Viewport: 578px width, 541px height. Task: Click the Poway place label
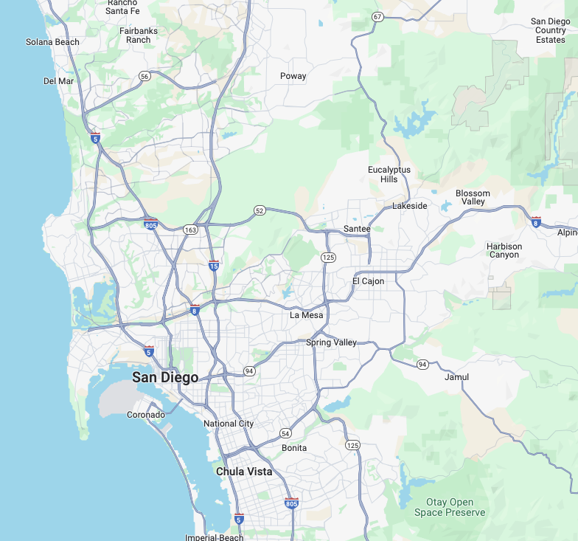pos(293,76)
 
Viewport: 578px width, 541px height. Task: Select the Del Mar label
pos(58,81)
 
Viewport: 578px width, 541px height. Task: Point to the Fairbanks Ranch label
pos(138,35)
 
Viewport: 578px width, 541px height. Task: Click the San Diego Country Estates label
pos(550,30)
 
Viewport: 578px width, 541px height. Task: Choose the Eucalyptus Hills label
pos(389,174)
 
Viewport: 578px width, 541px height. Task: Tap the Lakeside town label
pos(409,206)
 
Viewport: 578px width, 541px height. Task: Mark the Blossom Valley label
pos(473,198)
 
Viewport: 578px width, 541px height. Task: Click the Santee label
pos(357,229)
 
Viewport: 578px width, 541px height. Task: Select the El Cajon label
pos(368,281)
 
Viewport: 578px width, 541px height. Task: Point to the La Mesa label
pos(306,315)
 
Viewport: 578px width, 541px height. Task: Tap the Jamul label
pos(457,377)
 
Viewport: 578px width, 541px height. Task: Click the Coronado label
pos(146,415)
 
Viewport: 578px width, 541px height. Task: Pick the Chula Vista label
pos(244,472)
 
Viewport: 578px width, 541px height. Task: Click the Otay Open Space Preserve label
pos(450,508)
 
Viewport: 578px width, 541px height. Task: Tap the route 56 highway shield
pos(144,76)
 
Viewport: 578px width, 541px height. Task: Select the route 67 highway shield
pos(377,16)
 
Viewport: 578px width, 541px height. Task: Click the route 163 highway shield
pos(191,230)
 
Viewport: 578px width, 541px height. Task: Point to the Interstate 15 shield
pos(213,265)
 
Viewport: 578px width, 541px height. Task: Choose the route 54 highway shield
pos(285,433)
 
